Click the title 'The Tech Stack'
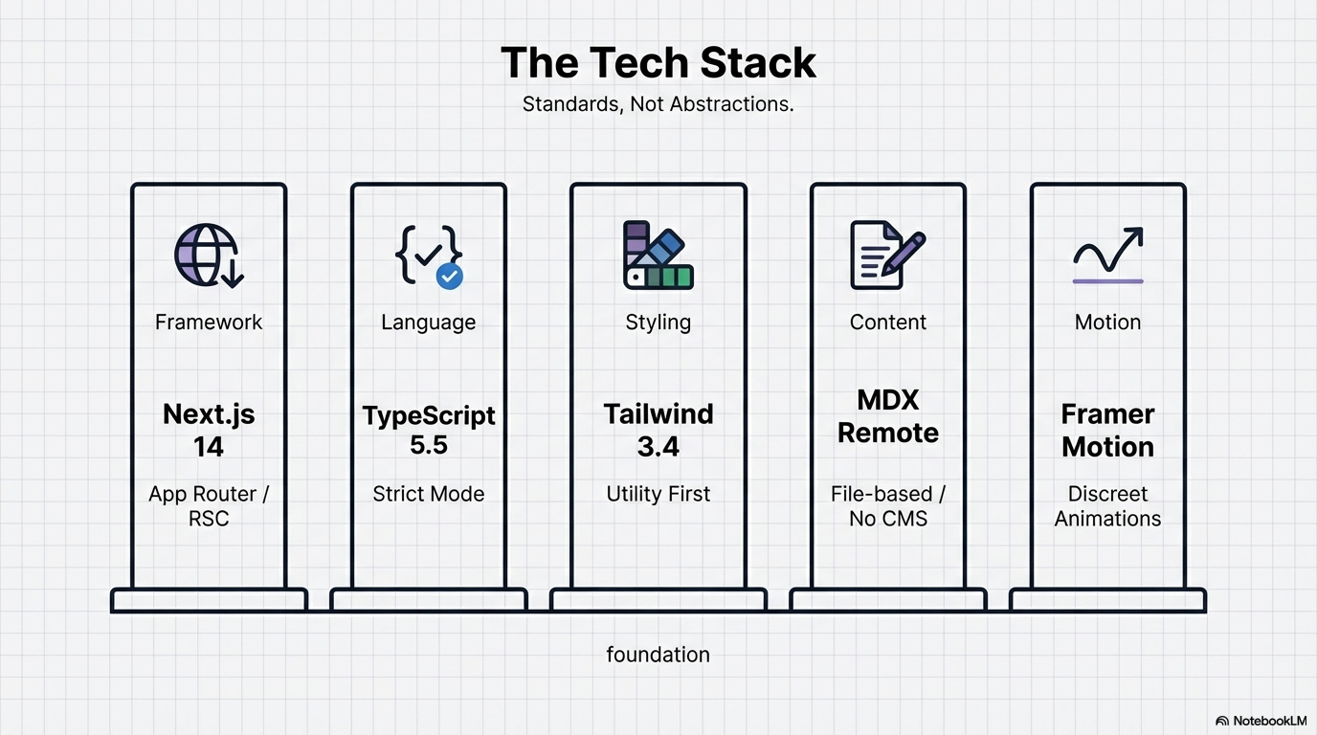(658, 63)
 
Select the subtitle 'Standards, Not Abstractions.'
(658, 104)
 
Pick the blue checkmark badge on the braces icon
(450, 277)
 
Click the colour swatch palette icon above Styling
(658, 256)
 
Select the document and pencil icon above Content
(887, 255)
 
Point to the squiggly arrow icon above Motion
(1107, 253)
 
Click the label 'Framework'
(209, 323)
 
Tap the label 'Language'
(428, 323)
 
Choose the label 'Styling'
(658, 323)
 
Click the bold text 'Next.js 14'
(209, 431)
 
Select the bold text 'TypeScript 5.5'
(429, 431)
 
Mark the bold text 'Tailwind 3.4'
(658, 431)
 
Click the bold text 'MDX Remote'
(888, 416)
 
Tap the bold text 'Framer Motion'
(1107, 431)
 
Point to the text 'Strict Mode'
(428, 495)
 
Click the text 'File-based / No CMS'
(888, 506)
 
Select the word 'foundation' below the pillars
(658, 655)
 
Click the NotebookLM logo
(1261, 721)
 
